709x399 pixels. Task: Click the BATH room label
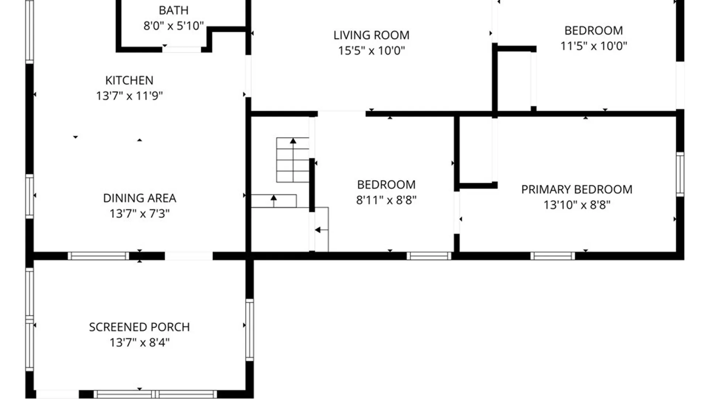click(174, 10)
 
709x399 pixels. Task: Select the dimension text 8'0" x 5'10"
click(174, 26)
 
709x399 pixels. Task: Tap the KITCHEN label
click(129, 80)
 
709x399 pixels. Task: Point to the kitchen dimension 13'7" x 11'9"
click(129, 96)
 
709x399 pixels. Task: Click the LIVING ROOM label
click(371, 35)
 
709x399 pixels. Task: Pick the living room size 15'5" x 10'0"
click(371, 50)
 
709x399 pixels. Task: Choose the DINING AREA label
click(140, 198)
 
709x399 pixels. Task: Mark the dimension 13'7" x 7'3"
click(140, 214)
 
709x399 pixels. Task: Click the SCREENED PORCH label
click(140, 327)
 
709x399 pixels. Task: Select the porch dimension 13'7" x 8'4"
click(140, 342)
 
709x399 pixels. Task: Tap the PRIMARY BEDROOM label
click(577, 189)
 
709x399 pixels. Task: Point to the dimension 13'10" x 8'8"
click(577, 205)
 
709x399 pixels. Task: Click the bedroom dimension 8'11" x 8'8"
click(386, 200)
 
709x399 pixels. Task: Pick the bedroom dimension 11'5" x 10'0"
click(594, 46)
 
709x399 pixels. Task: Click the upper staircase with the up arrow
click(293, 160)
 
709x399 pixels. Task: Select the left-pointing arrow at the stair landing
click(321, 230)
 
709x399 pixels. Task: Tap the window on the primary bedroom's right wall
click(680, 174)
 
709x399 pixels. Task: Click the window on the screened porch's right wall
click(250, 330)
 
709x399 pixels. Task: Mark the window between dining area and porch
click(99, 256)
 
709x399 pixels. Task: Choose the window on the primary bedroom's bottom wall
click(553, 256)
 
